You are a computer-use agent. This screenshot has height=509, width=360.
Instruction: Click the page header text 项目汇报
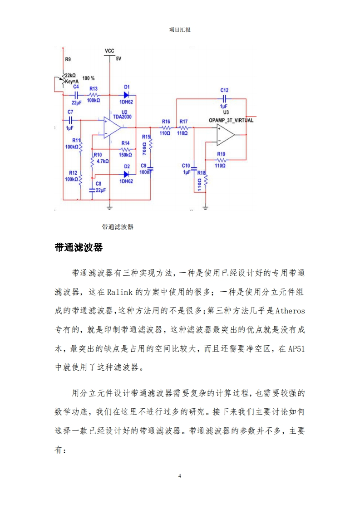(x=180, y=29)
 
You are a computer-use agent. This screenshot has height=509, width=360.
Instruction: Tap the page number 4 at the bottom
(x=180, y=476)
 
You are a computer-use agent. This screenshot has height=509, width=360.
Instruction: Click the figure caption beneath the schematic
(x=118, y=227)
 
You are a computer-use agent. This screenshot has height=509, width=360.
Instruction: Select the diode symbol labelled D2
(x=127, y=174)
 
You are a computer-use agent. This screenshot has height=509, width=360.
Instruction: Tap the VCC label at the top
(x=109, y=50)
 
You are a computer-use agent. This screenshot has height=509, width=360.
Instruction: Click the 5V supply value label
(x=118, y=59)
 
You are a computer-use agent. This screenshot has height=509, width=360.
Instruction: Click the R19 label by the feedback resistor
(x=221, y=154)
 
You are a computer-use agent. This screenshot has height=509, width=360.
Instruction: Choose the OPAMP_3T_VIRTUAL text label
(x=231, y=120)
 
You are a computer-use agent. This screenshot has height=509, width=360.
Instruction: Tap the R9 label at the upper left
(x=68, y=59)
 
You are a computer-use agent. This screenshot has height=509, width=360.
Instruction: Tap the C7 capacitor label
(x=70, y=112)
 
